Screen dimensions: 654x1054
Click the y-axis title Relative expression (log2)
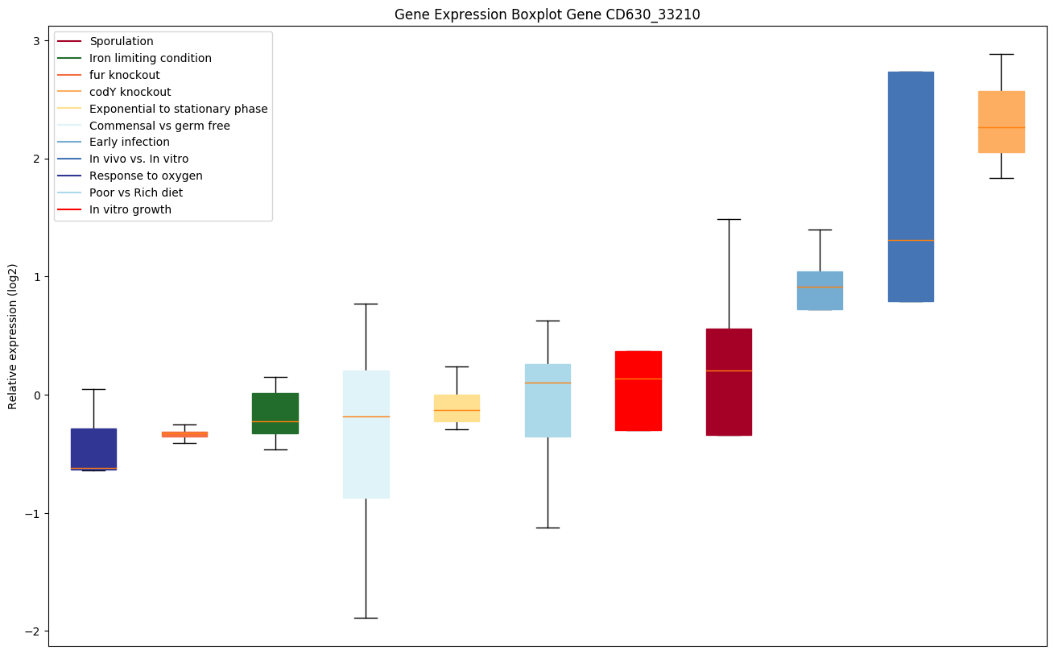coord(13,336)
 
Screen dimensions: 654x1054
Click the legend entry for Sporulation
coord(122,41)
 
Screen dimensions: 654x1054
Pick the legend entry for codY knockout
coord(130,92)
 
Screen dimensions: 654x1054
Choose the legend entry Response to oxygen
coord(146,176)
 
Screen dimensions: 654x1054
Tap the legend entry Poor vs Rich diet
coord(136,192)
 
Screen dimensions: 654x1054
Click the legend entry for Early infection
coord(130,142)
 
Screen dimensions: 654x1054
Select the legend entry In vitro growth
coord(130,209)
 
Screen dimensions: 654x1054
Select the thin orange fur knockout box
coord(184,434)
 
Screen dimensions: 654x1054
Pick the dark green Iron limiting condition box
coord(275,413)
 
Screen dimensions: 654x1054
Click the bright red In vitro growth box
coord(639,391)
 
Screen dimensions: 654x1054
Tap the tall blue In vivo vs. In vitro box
coord(911,186)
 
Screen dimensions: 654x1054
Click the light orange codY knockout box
coord(1002,122)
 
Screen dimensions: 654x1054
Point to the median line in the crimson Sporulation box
coord(729,370)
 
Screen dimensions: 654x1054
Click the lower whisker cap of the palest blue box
coord(366,618)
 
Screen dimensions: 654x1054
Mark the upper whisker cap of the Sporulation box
coord(729,219)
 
